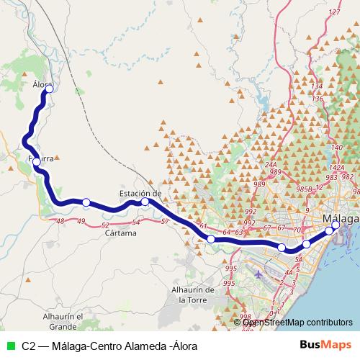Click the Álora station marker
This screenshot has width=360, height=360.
[x=50, y=89]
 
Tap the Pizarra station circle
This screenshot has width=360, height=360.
[x=37, y=162]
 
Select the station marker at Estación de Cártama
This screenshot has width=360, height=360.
[x=145, y=202]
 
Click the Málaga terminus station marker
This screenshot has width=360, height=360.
[x=335, y=225]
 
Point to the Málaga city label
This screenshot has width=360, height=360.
[x=341, y=218]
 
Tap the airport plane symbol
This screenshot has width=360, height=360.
[x=258, y=274]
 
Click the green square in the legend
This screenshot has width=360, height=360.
[x=9, y=346]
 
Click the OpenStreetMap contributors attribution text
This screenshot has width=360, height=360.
[x=297, y=323]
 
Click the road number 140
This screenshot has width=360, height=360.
[x=337, y=148]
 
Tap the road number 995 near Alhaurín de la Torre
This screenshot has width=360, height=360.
[x=230, y=268]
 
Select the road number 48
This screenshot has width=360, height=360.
[x=60, y=221]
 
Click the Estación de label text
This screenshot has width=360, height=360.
[x=140, y=193]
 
